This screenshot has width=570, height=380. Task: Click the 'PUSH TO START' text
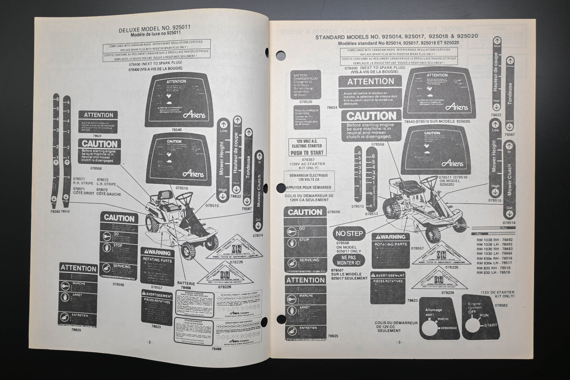pyautogui.click(x=306, y=153)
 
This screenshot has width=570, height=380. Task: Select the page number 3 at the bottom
pyautogui.click(x=399, y=342)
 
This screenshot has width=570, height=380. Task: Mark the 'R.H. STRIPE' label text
pyautogui.click(x=83, y=183)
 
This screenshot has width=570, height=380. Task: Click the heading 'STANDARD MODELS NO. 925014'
pyautogui.click(x=396, y=36)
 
